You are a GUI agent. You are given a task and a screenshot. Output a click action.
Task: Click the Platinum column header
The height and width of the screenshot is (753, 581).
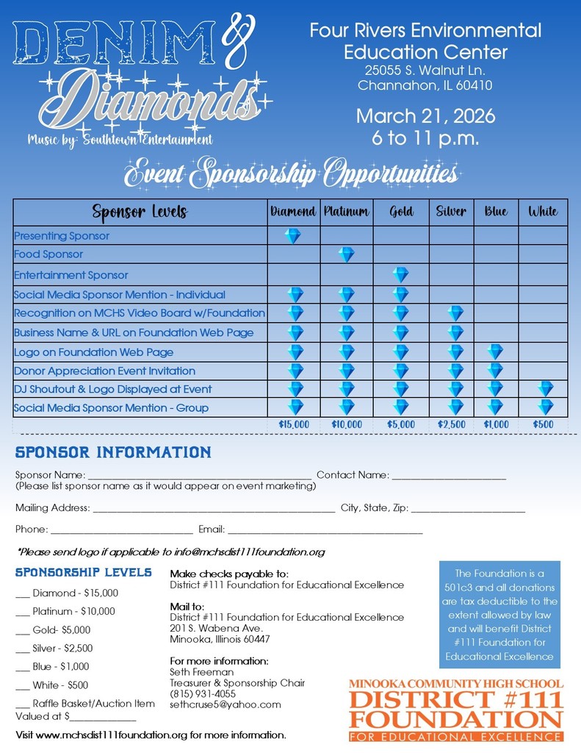346,212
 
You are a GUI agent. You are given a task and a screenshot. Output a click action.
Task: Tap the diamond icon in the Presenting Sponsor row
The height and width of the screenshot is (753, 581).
293,236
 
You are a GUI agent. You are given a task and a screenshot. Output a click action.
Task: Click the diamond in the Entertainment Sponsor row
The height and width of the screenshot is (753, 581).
400,275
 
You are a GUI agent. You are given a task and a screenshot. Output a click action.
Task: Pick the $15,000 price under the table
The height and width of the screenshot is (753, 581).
294,424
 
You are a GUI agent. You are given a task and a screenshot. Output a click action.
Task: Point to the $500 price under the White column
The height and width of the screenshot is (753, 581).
544,424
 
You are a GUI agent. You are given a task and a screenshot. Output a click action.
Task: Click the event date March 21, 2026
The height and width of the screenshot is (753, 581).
425,116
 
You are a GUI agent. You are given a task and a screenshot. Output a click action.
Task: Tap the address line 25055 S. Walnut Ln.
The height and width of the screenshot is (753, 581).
425,71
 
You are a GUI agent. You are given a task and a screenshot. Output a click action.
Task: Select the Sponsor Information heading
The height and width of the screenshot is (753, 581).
113,452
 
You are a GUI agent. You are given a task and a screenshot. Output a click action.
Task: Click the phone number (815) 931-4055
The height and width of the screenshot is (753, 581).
203,693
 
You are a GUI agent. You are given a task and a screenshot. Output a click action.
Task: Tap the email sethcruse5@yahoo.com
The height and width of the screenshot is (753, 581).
225,704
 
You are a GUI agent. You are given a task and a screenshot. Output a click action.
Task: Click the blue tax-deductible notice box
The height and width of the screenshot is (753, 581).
499,615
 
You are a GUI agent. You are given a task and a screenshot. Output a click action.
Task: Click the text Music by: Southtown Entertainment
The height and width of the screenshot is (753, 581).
120,139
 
